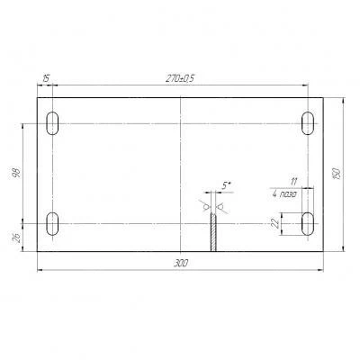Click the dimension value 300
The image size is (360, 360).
181,264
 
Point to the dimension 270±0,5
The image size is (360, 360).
180,78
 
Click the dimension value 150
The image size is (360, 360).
337,174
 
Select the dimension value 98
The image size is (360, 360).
17,173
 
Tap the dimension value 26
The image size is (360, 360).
17,238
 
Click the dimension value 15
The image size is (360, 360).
46,79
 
